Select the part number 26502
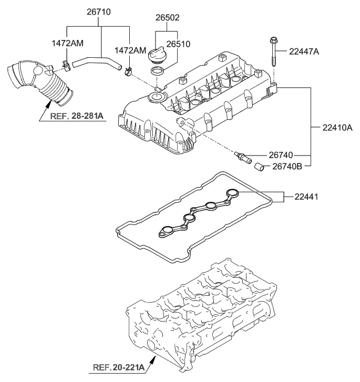[167, 17]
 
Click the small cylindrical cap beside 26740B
[258, 167]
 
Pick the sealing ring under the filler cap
[157, 71]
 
